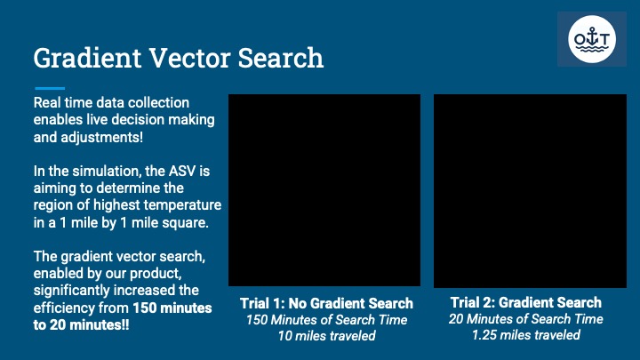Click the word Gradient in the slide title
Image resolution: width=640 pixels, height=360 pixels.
pyautogui.click(x=87, y=58)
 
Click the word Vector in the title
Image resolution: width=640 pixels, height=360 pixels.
pyautogui.click(x=190, y=58)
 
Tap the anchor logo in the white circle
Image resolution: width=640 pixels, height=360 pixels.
pyautogui.click(x=592, y=39)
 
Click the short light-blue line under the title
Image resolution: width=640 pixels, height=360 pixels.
pyautogui.click(x=50, y=88)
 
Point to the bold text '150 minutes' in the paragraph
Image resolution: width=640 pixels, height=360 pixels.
pyautogui.click(x=172, y=308)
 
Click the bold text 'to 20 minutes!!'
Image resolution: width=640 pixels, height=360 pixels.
pyautogui.click(x=81, y=325)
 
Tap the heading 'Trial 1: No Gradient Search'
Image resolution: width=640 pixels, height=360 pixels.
pyautogui.click(x=326, y=303)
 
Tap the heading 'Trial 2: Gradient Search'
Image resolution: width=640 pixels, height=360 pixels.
pyautogui.click(x=526, y=302)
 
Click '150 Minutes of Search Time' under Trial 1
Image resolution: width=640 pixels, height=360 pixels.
pyautogui.click(x=326, y=320)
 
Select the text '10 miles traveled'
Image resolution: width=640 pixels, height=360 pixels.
pyautogui.click(x=326, y=336)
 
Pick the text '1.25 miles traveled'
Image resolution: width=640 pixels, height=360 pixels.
pyautogui.click(x=526, y=335)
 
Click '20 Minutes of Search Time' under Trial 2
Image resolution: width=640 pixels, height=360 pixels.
pyautogui.click(x=526, y=319)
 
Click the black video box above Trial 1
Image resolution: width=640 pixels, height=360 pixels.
pyautogui.click(x=324, y=190)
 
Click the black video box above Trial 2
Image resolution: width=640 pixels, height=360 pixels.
pyautogui.click(x=530, y=191)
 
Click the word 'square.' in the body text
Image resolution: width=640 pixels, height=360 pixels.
pyautogui.click(x=189, y=222)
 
